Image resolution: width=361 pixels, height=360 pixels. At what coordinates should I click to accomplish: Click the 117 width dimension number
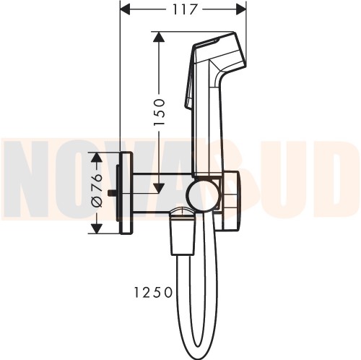185,9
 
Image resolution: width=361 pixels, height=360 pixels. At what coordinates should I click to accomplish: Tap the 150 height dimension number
159,111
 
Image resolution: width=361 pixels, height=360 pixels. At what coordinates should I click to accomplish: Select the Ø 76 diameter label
97,190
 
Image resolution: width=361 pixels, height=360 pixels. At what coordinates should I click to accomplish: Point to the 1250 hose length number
153,293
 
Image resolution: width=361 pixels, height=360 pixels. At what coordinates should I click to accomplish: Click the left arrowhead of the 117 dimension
125,9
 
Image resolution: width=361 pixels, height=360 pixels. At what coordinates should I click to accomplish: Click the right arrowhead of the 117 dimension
241,9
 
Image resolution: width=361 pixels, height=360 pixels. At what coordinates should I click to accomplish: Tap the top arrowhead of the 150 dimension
159,37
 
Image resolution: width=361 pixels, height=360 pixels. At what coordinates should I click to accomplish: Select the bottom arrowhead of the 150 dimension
159,189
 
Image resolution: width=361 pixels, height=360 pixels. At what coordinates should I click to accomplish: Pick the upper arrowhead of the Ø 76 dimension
97,157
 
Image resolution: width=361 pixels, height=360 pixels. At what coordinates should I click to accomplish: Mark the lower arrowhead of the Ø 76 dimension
97,228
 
